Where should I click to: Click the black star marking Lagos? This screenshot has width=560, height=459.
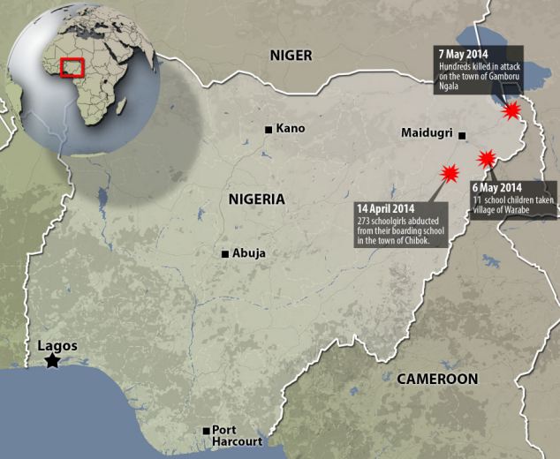point(53,360)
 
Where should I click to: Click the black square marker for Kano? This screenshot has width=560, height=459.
point(269,130)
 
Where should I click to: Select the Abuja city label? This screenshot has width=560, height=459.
point(250,254)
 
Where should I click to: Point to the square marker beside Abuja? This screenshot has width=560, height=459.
point(226,254)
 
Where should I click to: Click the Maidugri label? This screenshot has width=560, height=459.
point(427,134)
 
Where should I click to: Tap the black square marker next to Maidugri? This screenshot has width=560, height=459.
point(462,135)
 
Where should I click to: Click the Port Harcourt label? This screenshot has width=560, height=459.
point(236,437)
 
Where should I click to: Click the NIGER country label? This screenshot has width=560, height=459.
point(291,55)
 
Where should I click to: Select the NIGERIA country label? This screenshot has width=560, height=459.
point(256,199)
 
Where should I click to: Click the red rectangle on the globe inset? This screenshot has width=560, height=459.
point(72,68)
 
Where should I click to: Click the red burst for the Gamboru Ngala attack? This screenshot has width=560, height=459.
point(511,111)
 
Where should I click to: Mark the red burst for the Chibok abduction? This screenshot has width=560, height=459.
point(450,172)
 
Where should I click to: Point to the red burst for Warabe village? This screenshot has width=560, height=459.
point(487,159)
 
